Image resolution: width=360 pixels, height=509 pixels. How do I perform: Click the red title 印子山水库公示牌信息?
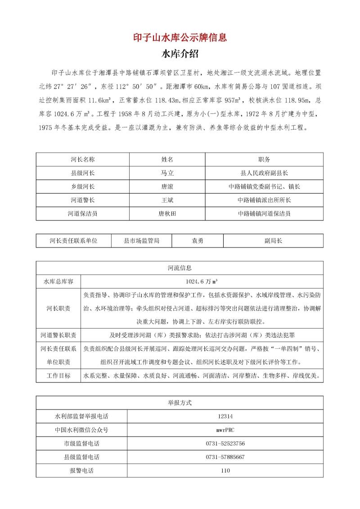tap(180, 37)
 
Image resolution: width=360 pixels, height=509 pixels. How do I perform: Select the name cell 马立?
tap(167, 173)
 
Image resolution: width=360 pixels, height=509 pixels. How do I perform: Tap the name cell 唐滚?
tap(167, 186)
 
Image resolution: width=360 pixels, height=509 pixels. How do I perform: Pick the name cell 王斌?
tap(167, 200)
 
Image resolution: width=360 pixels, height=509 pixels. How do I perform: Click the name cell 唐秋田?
tap(167, 213)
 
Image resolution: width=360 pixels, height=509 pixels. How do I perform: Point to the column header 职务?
tap(264, 159)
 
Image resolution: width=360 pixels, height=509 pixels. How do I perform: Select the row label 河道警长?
tap(83, 200)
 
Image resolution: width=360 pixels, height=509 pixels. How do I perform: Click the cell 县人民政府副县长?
tap(264, 173)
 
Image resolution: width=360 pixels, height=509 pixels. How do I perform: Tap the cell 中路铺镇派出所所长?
tap(264, 200)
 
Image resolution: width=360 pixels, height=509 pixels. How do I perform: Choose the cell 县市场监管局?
tap(141, 241)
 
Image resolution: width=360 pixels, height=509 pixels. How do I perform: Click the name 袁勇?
tap(197, 241)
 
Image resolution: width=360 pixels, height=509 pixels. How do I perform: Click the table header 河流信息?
tap(180, 268)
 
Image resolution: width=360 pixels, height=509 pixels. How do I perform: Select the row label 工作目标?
tap(58, 375)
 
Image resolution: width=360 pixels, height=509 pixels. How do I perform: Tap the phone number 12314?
tap(225, 416)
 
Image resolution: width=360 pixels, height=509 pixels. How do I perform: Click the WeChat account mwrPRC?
tap(225, 430)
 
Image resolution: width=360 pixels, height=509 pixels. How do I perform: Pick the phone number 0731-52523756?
tap(225, 443)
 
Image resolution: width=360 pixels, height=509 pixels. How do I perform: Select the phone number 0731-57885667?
tap(225, 457)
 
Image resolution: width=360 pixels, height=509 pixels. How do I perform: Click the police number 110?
tap(225, 470)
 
